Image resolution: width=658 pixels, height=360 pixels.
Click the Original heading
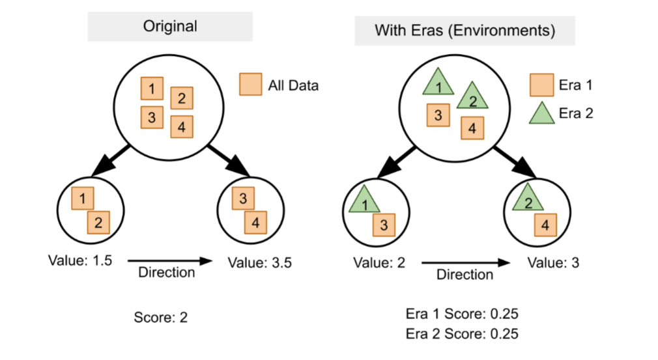pos(171,27)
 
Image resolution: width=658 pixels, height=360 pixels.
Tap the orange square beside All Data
pos(251,84)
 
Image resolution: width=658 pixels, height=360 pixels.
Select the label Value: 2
pos(380,263)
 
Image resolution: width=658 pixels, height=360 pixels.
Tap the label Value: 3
pos(552,263)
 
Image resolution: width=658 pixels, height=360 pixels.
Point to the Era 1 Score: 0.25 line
pos(462,314)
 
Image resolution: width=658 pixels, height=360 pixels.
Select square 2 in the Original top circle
pos(181,98)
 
